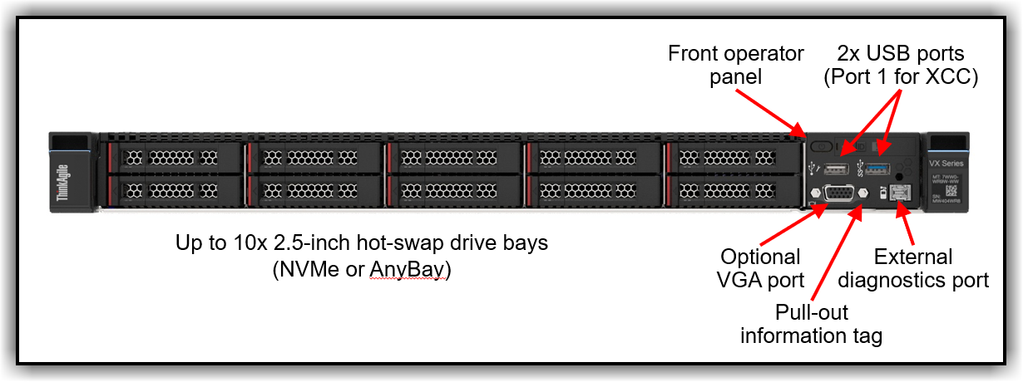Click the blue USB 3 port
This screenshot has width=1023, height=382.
(x=877, y=169)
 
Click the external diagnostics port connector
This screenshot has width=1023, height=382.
(x=899, y=194)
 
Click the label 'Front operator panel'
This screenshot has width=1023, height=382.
(x=736, y=66)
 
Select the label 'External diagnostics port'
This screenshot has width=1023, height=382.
(x=913, y=268)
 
